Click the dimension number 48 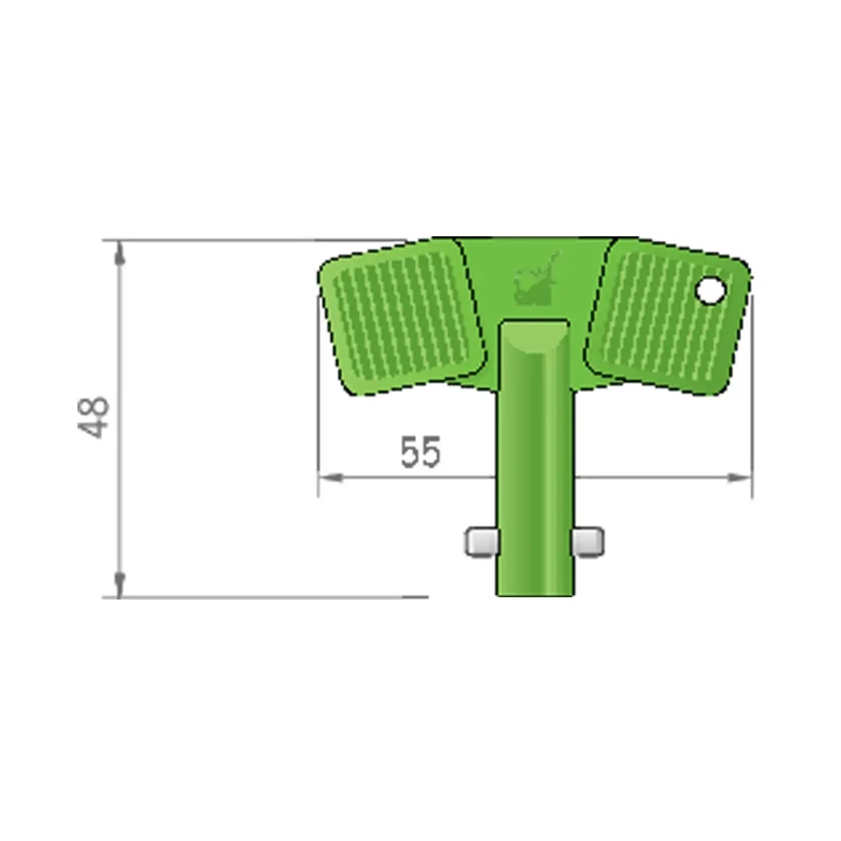[x=93, y=418]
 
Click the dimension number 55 [x=420, y=452]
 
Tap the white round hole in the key [x=711, y=291]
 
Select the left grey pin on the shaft [x=481, y=542]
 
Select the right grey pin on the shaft [x=589, y=542]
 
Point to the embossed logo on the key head [x=536, y=280]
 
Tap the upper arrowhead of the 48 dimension [x=119, y=253]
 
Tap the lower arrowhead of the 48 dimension [x=119, y=584]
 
